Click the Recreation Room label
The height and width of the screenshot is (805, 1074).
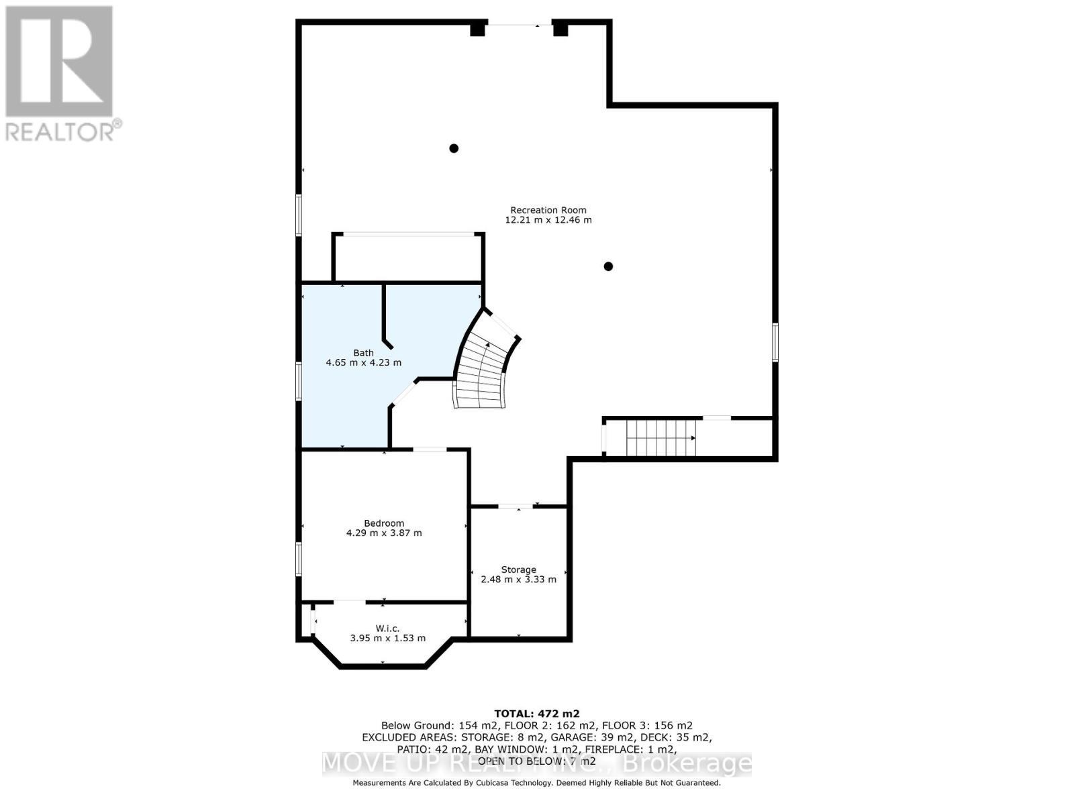click(548, 210)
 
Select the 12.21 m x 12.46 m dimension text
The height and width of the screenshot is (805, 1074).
click(548, 220)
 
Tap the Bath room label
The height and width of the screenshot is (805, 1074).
click(363, 353)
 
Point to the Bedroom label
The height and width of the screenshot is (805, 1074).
click(384, 523)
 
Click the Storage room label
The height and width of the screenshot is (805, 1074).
click(518, 570)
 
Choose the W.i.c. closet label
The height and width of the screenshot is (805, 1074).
click(387, 629)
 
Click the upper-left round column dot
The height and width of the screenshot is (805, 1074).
click(454, 148)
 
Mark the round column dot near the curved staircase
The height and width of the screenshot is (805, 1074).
click(608, 266)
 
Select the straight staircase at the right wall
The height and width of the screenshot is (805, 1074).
click(661, 437)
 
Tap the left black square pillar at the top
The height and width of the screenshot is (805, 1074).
click(477, 29)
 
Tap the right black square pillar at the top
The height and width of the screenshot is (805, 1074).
click(560, 29)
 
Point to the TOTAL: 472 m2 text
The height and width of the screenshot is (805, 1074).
click(536, 714)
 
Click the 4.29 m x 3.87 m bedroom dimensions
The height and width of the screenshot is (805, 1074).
click(384, 533)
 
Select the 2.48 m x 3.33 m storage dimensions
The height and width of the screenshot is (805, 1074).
click(518, 580)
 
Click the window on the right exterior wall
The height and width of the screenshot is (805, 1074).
click(775, 342)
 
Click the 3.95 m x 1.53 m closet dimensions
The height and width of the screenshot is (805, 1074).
click(387, 639)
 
